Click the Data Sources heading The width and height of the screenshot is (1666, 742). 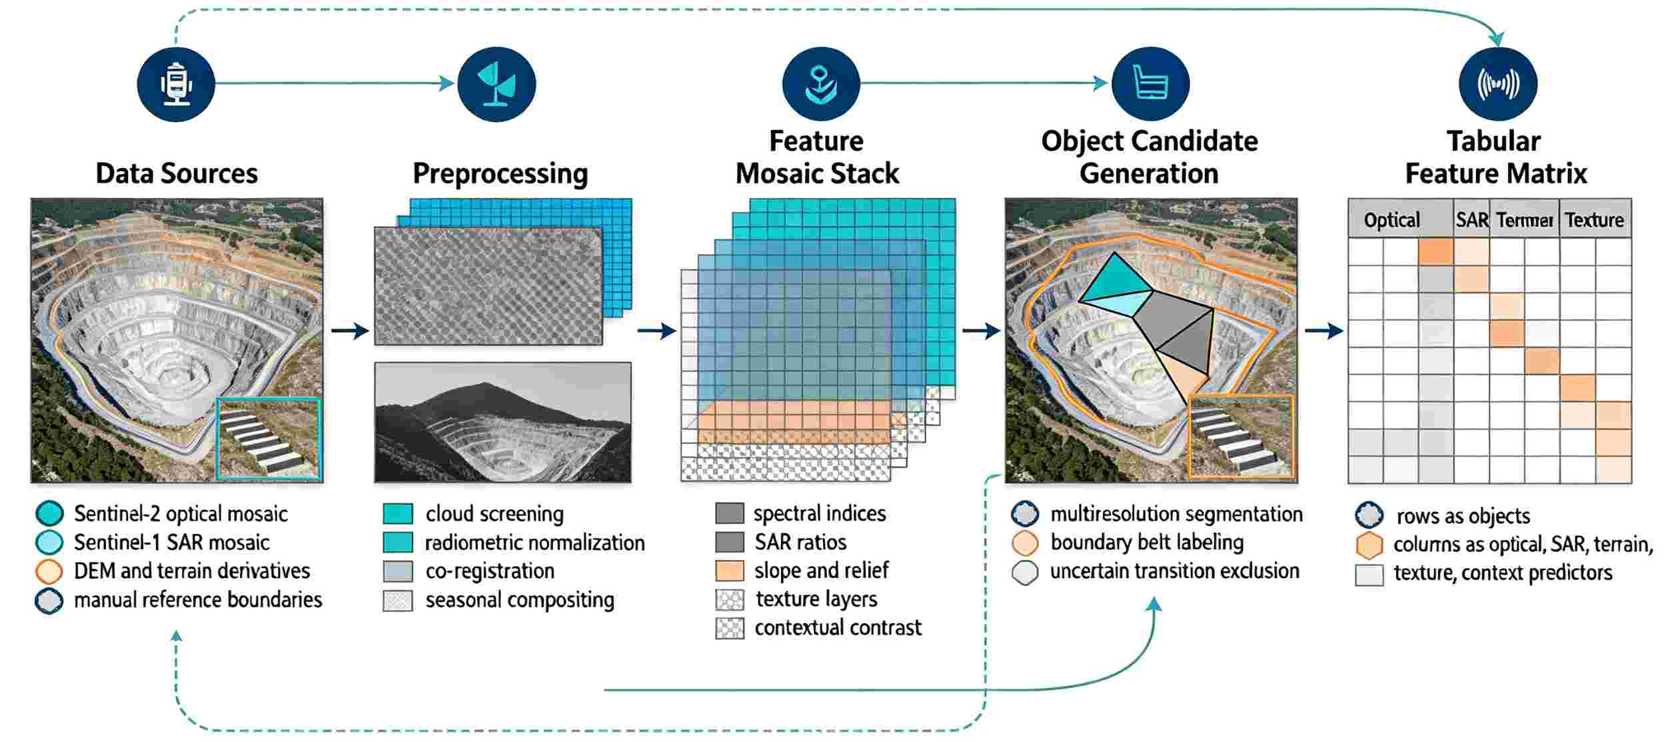coord(177,173)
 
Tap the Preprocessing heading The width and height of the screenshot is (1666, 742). coord(500,174)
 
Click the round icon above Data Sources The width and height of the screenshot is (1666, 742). coord(176,84)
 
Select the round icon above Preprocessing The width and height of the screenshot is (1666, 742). coord(496,84)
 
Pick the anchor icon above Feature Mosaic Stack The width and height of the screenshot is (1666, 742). coord(821,84)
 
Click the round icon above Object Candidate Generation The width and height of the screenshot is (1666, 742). coord(1150,84)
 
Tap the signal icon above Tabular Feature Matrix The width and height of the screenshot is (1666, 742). coord(1498,84)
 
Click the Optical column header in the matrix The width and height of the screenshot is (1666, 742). coord(1392,220)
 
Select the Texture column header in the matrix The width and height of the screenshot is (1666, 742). coord(1594,220)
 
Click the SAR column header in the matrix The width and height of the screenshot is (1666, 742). coord(1472,220)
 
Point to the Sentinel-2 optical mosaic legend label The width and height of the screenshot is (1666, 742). coord(181,514)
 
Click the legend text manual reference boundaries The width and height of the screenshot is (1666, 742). coord(198,600)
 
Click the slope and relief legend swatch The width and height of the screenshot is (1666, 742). coord(729,571)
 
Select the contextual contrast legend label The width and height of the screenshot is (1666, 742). coord(838,628)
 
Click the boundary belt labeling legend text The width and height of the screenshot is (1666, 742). coord(1147,543)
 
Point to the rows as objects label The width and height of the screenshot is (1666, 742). coord(1463,516)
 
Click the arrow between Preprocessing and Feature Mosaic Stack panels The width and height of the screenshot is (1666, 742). coord(657,331)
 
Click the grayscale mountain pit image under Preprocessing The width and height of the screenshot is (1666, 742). coord(502,422)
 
